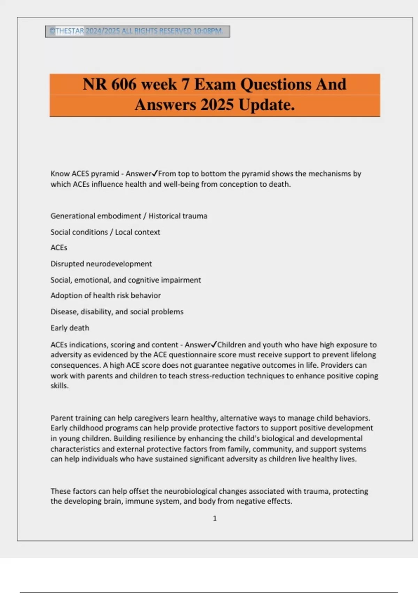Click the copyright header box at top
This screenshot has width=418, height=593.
click(x=137, y=31)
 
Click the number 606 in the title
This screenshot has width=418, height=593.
click(x=124, y=84)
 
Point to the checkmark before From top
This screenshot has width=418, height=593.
click(x=155, y=173)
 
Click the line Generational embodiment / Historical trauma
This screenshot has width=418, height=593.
click(x=129, y=216)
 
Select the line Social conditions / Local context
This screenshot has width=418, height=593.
click(x=105, y=232)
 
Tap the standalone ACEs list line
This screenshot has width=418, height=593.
click(x=59, y=248)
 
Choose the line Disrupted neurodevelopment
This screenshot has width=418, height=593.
click(x=101, y=264)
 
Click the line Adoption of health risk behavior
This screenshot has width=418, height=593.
click(x=106, y=295)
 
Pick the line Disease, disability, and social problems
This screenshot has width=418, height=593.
click(x=117, y=311)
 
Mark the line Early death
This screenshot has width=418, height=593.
click(x=70, y=328)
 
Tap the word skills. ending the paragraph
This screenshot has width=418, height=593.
click(x=60, y=386)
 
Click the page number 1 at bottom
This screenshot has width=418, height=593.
click(x=215, y=518)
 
